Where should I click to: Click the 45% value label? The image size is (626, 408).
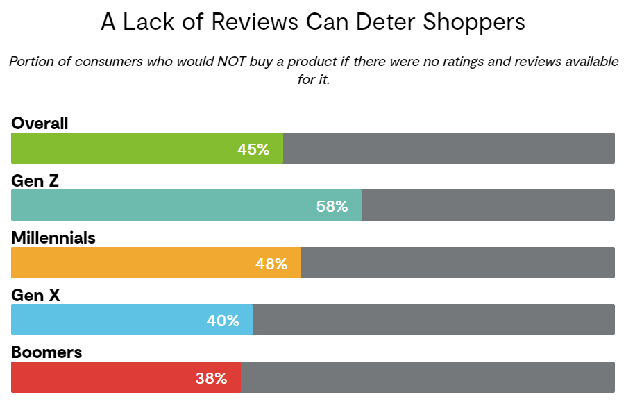pyautogui.click(x=253, y=148)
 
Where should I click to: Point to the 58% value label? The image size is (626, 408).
pyautogui.click(x=332, y=206)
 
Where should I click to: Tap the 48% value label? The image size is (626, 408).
pyautogui.click(x=271, y=264)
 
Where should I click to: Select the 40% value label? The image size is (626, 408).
pyautogui.click(x=223, y=321)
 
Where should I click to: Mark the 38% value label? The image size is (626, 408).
pyautogui.click(x=211, y=378)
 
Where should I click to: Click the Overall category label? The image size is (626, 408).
pyautogui.click(x=40, y=124)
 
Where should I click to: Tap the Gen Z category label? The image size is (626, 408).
pyautogui.click(x=35, y=181)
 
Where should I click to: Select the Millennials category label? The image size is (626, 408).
pyautogui.click(x=53, y=238)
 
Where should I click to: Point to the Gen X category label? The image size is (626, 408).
pyautogui.click(x=36, y=296)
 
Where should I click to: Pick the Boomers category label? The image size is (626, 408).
pyautogui.click(x=46, y=352)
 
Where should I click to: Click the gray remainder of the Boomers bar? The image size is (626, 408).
pyautogui.click(x=427, y=377)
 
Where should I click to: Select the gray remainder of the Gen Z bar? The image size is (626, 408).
pyautogui.click(x=488, y=205)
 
